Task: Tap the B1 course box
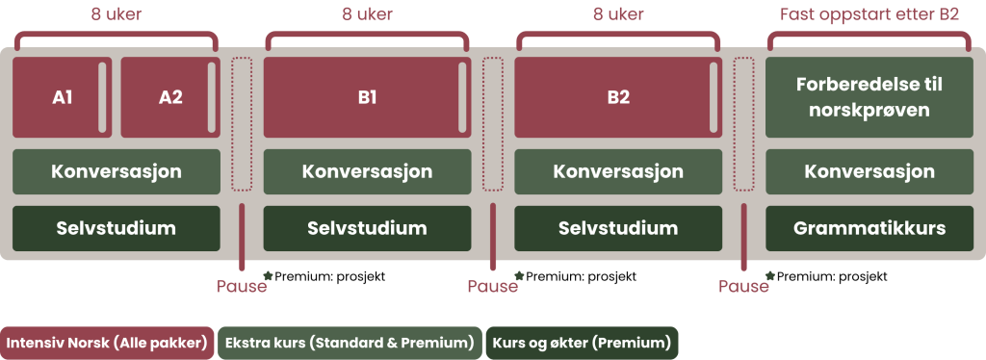(367, 97)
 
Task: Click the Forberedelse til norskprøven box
(869, 97)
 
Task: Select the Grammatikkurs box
(869, 228)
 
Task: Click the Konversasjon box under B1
(367, 171)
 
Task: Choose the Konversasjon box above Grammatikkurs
(869, 171)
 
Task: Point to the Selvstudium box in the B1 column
(367, 228)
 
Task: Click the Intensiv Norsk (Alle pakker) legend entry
(107, 343)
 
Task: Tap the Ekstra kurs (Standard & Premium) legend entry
(349, 343)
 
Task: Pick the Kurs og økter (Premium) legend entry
(582, 343)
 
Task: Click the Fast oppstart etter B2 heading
(868, 14)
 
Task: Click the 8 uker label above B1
(367, 14)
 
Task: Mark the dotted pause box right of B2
(743, 124)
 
